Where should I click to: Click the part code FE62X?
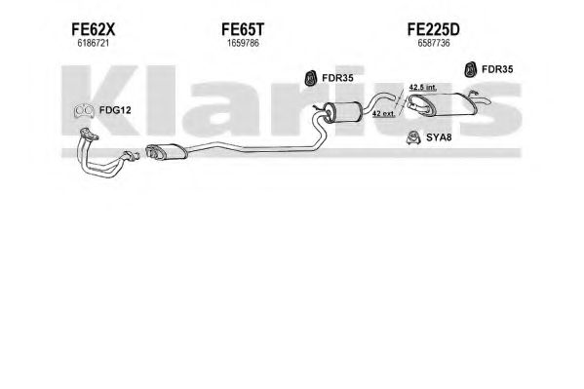click(94, 29)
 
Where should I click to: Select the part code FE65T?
click(243, 29)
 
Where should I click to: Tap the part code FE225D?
click(434, 29)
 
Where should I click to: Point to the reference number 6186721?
click(94, 43)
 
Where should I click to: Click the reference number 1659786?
click(243, 43)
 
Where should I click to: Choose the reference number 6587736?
click(434, 43)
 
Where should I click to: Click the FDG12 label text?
click(115, 110)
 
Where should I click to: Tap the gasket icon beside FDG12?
click(84, 111)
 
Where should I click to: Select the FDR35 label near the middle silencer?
click(337, 78)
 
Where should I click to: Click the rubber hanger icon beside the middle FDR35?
click(309, 78)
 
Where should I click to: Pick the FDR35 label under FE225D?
click(497, 69)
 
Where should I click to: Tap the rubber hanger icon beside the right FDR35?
click(471, 69)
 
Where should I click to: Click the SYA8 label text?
click(439, 137)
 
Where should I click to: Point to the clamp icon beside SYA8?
click(413, 137)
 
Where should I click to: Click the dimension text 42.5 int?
click(423, 88)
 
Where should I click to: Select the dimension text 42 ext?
click(383, 114)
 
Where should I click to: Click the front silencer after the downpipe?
click(166, 151)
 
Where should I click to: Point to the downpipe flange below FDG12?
click(90, 134)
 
